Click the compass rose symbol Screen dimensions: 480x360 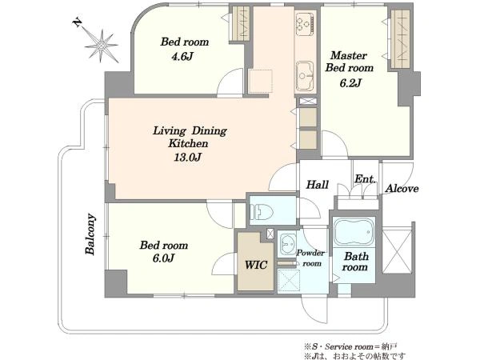tap(102, 46)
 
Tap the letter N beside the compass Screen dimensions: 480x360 tap(78, 22)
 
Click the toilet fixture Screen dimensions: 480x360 tap(261, 211)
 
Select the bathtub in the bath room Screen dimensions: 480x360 tap(354, 232)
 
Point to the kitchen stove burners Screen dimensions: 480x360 tap(305, 22)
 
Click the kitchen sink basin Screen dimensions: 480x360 tap(304, 76)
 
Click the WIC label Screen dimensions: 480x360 tap(256, 265)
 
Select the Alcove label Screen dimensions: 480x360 tap(402, 189)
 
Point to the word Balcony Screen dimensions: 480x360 tap(90, 234)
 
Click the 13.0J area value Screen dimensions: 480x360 tap(188, 158)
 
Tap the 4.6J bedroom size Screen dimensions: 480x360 tap(182, 56)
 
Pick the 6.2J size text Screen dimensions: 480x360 tap(351, 82)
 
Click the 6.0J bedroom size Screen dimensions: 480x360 tap(163, 258)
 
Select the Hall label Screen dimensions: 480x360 tap(318, 185)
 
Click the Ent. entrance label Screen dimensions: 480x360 tap(365, 178)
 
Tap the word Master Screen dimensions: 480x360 tap(349, 55)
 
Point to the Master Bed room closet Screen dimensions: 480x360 tap(400, 39)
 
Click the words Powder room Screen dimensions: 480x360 tap(310, 258)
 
